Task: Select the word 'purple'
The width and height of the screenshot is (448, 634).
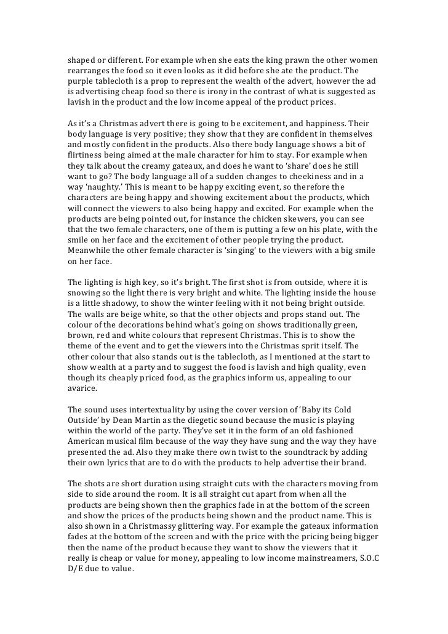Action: [81, 82]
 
